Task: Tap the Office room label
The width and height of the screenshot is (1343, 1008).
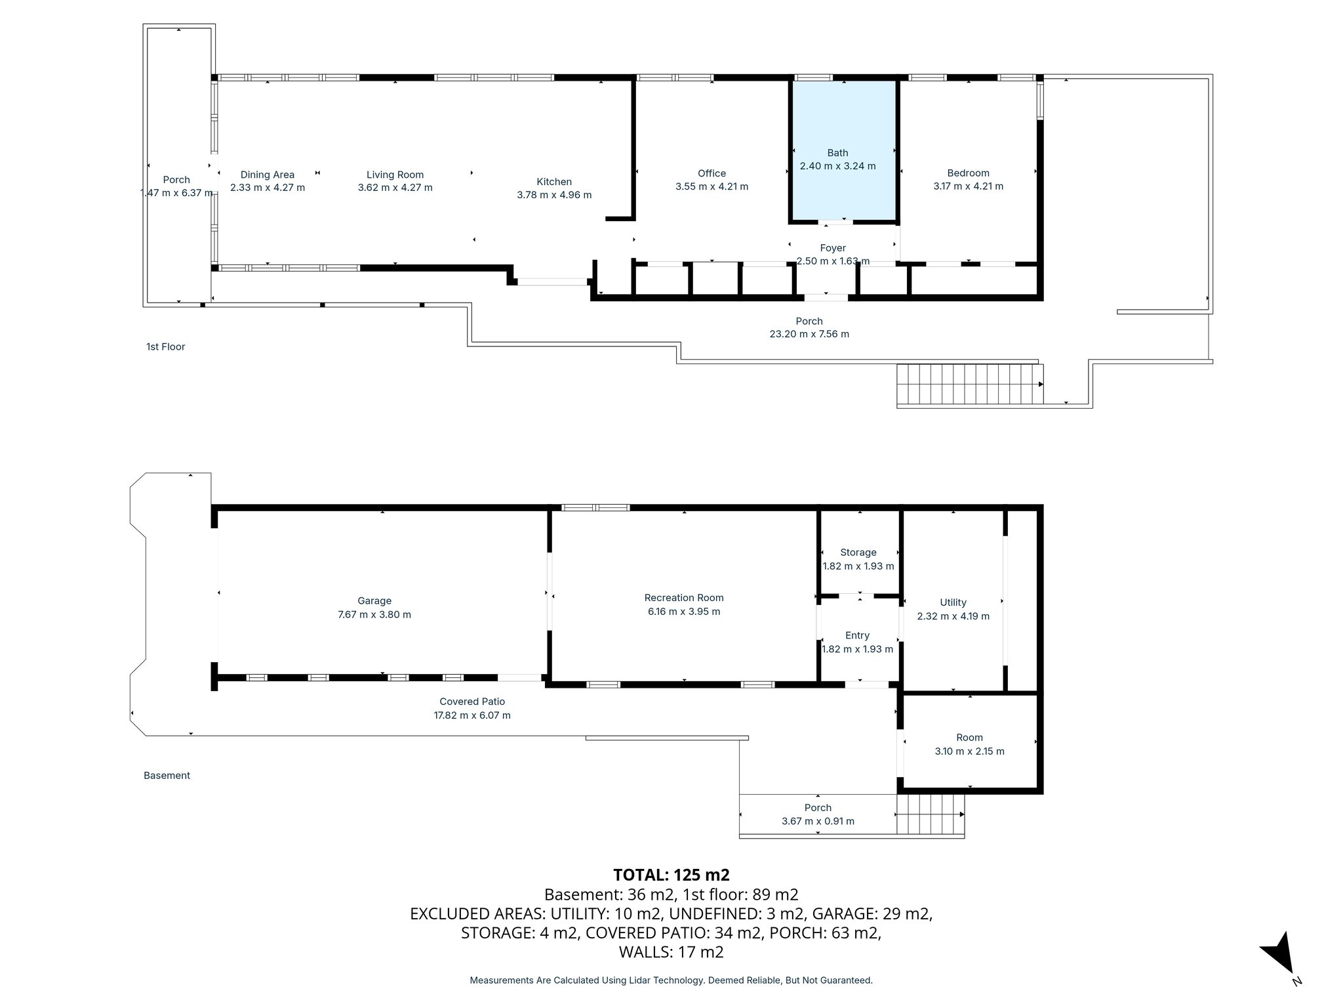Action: pyautogui.click(x=712, y=173)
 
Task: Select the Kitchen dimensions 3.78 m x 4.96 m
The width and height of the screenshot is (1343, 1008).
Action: pyautogui.click(x=554, y=195)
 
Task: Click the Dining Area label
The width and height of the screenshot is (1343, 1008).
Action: pyautogui.click(x=267, y=175)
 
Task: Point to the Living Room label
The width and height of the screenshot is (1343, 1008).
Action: pyautogui.click(x=395, y=175)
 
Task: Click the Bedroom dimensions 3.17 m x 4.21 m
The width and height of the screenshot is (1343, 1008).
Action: pyautogui.click(x=968, y=186)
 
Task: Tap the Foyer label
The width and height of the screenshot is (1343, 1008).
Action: pyautogui.click(x=833, y=248)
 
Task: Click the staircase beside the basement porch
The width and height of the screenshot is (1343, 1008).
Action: pyautogui.click(x=930, y=814)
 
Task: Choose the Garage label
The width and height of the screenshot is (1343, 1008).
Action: pyautogui.click(x=374, y=600)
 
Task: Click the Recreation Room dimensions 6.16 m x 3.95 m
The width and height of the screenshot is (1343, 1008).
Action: pyautogui.click(x=683, y=612)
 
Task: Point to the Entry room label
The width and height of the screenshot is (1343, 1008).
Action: pyautogui.click(x=857, y=635)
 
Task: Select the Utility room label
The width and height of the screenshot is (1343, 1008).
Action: pyautogui.click(x=953, y=602)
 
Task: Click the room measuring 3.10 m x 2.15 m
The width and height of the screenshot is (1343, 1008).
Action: pyautogui.click(x=969, y=744)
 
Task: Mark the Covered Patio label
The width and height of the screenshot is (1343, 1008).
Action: pyautogui.click(x=472, y=702)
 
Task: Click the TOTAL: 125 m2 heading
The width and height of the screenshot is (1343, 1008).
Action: pyautogui.click(x=671, y=875)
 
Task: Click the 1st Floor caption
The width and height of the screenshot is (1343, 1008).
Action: pyautogui.click(x=165, y=346)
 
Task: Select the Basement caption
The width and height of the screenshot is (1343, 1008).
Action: pyautogui.click(x=167, y=775)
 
